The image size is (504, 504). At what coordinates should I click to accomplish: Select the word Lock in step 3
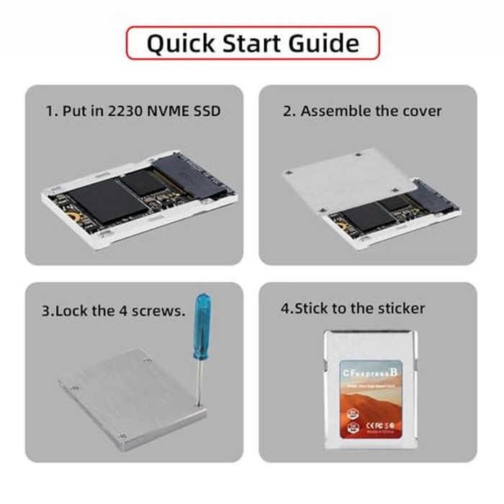(x=70, y=311)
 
